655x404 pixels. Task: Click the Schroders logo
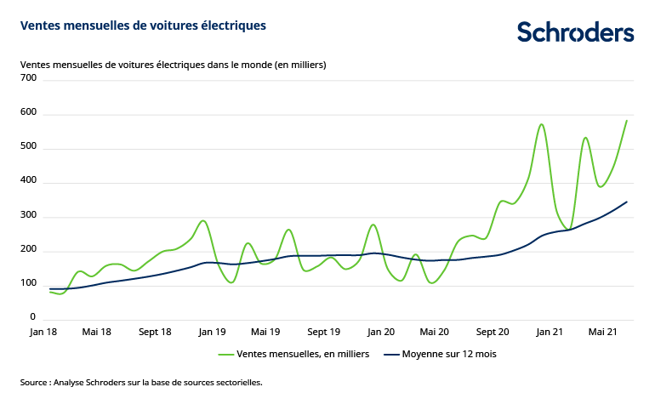575,32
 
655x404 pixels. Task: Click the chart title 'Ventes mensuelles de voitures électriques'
143,26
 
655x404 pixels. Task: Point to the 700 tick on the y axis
29,78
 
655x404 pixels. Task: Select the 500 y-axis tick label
29,147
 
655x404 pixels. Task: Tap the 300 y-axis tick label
29,216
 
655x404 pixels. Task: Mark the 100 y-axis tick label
29,284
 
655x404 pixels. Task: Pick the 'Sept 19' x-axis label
323,332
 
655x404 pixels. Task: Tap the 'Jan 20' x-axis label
380,332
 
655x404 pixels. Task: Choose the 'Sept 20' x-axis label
493,332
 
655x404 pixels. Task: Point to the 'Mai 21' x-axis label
605,332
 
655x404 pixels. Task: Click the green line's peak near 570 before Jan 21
541,124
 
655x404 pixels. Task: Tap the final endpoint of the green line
627,120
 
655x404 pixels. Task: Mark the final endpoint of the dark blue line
627,202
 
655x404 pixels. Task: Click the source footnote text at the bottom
141,383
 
